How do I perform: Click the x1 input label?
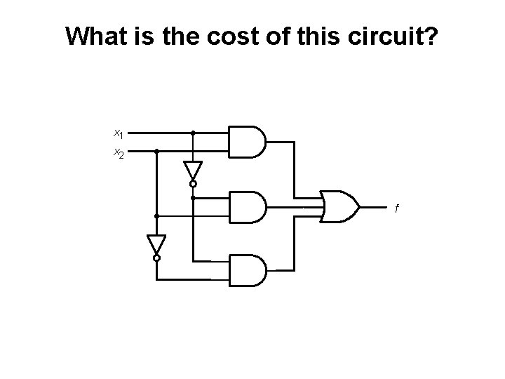[119, 132]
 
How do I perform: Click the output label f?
[397, 208]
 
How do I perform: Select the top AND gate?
[247, 141]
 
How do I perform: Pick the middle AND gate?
[247, 206]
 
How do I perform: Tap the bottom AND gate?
[247, 270]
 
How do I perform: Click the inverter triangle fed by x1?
[193, 171]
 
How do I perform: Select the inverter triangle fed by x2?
[156, 244]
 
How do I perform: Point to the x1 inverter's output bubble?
[193, 185]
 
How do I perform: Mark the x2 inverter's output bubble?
[156, 258]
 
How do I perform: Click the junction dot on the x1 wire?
[193, 132]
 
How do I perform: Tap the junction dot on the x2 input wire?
[156, 151]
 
